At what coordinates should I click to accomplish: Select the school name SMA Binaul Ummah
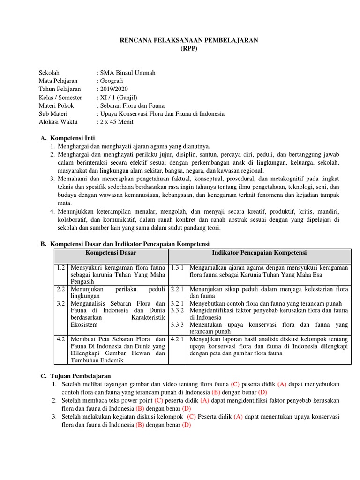[127, 73]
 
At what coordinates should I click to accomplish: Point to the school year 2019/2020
[112, 89]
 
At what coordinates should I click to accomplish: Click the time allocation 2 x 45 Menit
[116, 121]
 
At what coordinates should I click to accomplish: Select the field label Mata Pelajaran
[58, 81]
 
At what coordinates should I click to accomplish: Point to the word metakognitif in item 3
[286, 179]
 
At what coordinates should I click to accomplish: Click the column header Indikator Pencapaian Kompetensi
[259, 253]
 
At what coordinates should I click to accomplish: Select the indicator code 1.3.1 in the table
[178, 267]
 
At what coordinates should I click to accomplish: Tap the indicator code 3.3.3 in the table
[178, 324]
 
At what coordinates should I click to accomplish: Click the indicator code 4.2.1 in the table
[178, 339]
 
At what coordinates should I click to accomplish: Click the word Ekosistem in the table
[84, 324]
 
